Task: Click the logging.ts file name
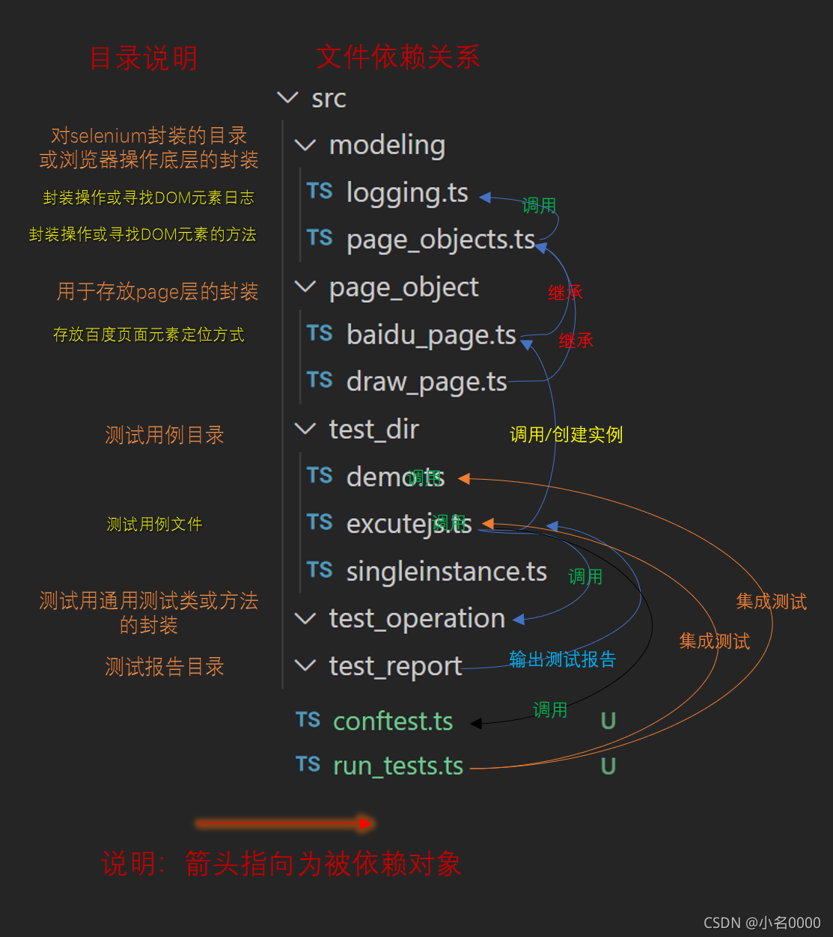tap(407, 193)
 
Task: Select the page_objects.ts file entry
tap(440, 239)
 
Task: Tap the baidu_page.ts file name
tap(431, 335)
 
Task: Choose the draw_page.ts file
tap(427, 382)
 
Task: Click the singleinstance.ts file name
tap(446, 572)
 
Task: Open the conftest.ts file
tap(392, 721)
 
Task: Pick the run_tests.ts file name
tap(397, 766)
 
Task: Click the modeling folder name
tap(387, 145)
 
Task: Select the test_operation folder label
tap(417, 619)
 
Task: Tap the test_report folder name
tap(395, 666)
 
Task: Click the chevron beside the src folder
tap(287, 97)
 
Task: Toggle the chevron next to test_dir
tap(305, 429)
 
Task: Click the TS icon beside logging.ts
tap(320, 192)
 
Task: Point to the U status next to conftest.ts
tap(608, 721)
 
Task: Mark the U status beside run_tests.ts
tap(608, 766)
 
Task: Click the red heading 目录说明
tap(144, 58)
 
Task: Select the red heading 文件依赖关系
tap(398, 57)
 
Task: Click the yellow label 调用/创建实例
tap(566, 435)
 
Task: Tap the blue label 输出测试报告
tap(562, 659)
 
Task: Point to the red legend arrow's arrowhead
tap(367, 823)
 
